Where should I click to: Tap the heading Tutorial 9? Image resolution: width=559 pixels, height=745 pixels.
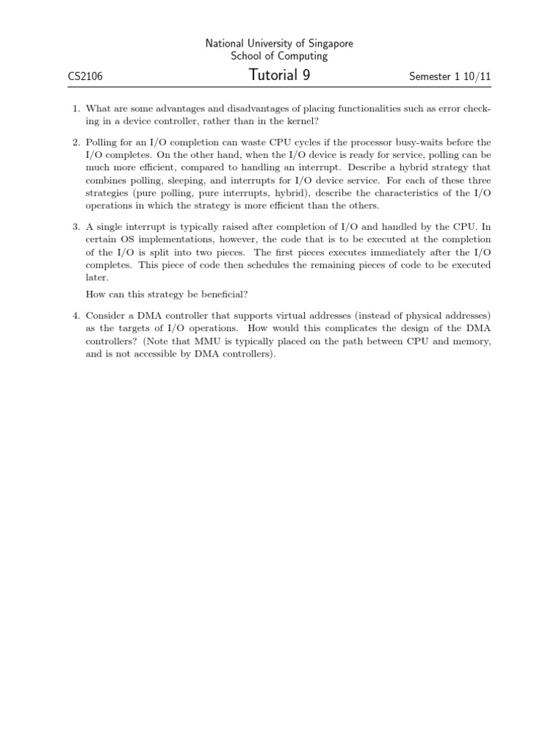coord(279,74)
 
